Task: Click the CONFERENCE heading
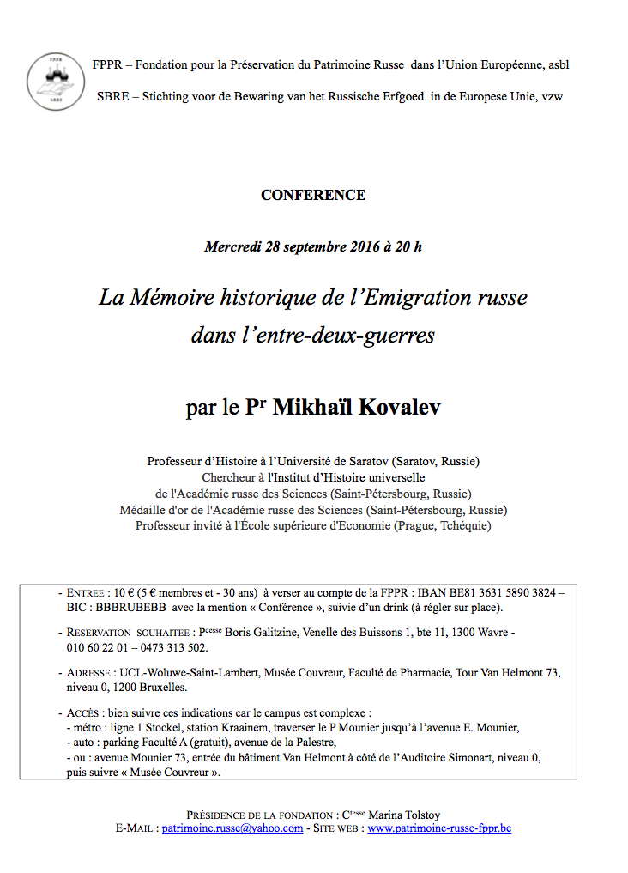(x=313, y=195)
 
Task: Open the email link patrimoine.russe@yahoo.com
(x=232, y=828)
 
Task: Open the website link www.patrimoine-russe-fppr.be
(x=439, y=828)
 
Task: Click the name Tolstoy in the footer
(x=420, y=815)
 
